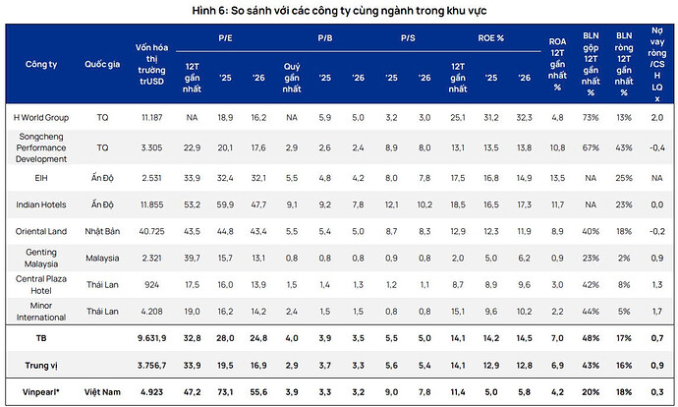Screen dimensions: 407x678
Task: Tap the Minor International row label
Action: click(41, 311)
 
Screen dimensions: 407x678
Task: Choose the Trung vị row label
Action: click(40, 363)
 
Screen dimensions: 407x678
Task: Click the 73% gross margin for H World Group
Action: click(591, 117)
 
